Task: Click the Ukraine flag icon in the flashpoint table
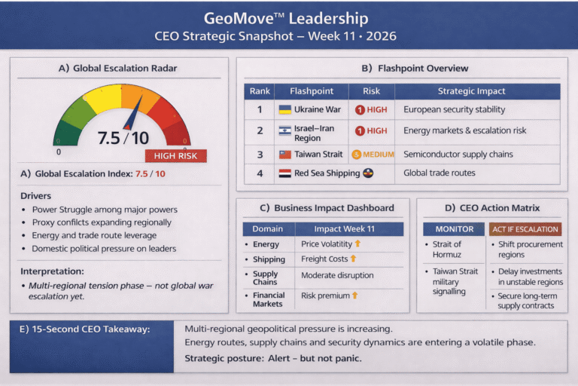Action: (285, 109)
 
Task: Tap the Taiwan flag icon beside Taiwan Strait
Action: (284, 155)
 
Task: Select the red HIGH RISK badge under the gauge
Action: (175, 155)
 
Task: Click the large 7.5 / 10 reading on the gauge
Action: (124, 138)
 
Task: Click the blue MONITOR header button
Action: (454, 228)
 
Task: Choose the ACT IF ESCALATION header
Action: (525, 228)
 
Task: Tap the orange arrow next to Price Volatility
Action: (357, 244)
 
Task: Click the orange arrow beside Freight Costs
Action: (352, 259)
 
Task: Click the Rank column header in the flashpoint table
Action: (260, 91)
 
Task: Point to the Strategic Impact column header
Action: (472, 91)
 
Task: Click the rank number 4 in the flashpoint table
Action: (260, 173)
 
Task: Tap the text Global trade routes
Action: (440, 173)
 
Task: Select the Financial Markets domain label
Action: (269, 299)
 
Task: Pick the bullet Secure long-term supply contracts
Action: (530, 301)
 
